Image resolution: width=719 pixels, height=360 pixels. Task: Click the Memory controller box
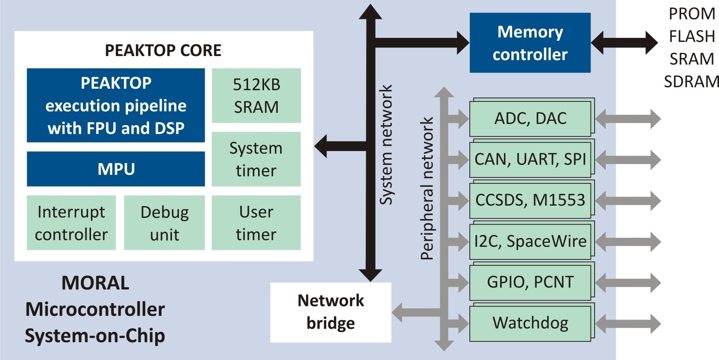530,43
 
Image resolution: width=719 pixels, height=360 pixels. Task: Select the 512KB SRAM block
256,95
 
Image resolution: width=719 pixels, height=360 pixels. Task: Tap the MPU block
116,169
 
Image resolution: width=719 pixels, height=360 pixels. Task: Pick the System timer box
256,159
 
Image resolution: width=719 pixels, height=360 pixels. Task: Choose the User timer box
256,223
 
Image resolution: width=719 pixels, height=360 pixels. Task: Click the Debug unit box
165,223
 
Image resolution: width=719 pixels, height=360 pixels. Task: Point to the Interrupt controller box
71,223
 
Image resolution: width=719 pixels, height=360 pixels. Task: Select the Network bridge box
331,312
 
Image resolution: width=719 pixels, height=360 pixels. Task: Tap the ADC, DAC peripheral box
530,118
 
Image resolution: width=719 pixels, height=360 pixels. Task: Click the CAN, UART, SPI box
530,159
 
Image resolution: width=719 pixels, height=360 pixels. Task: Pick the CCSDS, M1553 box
530,200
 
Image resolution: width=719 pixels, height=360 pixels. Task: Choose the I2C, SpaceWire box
530,241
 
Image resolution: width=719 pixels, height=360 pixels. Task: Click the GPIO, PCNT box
530,282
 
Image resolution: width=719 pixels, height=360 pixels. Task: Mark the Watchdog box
530,323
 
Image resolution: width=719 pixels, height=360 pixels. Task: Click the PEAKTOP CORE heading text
163,50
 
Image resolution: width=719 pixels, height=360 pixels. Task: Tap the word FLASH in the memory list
692,36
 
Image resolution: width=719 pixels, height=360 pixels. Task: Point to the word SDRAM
692,82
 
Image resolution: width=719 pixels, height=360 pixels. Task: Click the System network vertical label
386,145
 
